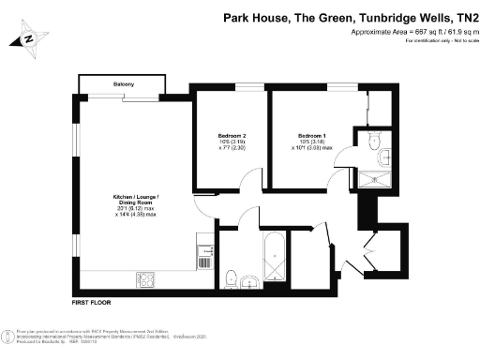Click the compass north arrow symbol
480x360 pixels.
(29, 39)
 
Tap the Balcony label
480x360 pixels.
(124, 83)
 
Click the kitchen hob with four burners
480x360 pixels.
(146, 277)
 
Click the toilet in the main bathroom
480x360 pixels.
(230, 277)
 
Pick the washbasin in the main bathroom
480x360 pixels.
(249, 280)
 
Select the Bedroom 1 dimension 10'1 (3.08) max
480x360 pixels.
(311, 148)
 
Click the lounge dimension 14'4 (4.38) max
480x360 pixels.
(136, 215)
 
